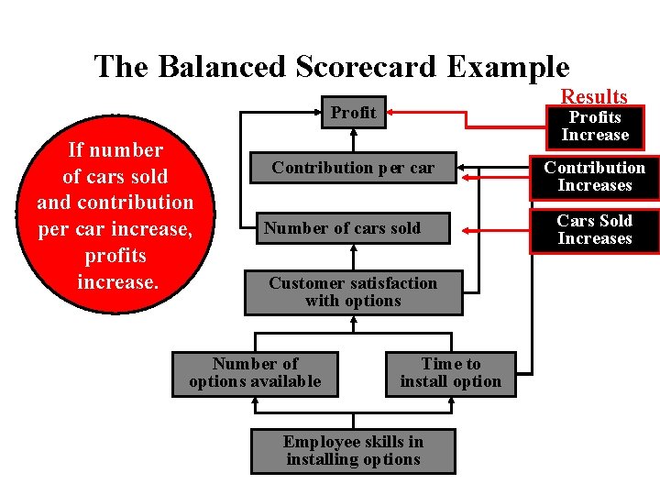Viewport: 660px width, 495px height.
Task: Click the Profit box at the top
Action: tap(353, 113)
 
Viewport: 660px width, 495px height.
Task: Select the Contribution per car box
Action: tap(353, 168)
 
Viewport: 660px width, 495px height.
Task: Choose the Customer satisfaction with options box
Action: tap(353, 291)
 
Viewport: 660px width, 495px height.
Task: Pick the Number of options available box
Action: tap(255, 373)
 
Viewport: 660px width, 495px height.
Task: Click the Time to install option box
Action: tap(450, 373)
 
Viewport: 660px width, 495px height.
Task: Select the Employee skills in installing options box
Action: tap(353, 451)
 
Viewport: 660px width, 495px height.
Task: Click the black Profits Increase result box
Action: tap(595, 126)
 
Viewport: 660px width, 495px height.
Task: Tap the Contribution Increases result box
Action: tap(595, 177)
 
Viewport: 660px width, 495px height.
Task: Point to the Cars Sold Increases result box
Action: tap(595, 230)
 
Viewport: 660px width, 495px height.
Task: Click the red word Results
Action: tap(594, 96)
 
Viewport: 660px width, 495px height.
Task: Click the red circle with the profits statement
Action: tap(115, 215)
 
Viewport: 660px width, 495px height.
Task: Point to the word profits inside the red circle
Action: tap(115, 256)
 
